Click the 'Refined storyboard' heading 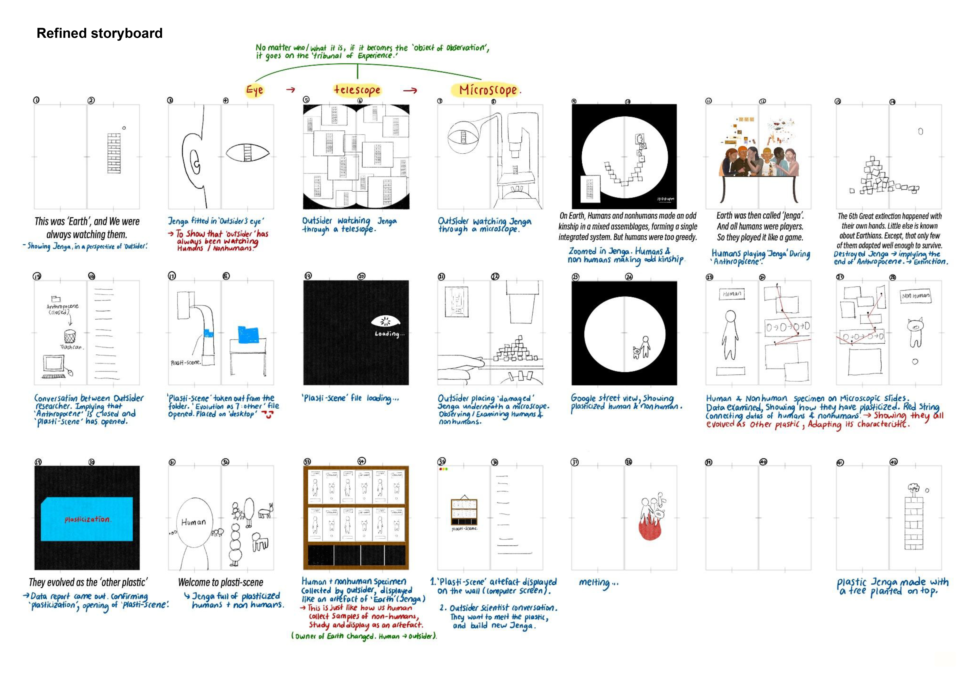(99, 33)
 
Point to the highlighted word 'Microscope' (488, 90)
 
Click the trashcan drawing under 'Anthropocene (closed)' (70, 336)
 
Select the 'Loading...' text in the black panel (389, 334)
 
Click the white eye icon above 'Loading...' (385, 321)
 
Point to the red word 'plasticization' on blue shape (87, 519)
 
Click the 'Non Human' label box (915, 296)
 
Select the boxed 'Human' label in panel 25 (732, 294)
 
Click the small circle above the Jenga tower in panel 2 (124, 128)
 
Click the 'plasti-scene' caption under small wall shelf (464, 529)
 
